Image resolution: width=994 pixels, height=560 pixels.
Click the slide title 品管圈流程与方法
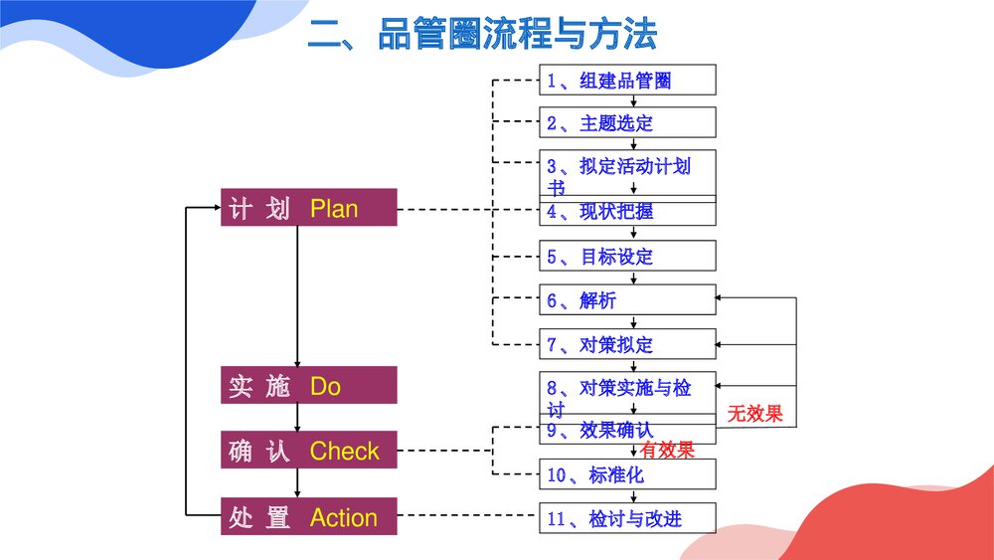[482, 36]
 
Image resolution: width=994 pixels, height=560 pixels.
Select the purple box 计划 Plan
[308, 208]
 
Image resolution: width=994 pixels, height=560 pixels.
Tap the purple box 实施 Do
[308, 385]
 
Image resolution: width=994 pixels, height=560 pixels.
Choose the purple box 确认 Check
[308, 451]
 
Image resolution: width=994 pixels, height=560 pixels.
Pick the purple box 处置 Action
[308, 517]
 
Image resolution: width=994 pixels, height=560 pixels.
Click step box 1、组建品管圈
[627, 81]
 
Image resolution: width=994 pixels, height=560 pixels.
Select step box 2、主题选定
[627, 123]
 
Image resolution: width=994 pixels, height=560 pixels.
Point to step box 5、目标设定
[627, 257]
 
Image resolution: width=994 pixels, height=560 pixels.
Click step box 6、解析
[627, 300]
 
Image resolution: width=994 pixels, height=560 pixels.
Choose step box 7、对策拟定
[627, 345]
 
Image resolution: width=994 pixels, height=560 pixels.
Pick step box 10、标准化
[627, 474]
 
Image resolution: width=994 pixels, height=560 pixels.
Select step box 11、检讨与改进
[627, 518]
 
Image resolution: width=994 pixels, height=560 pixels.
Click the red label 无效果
[754, 414]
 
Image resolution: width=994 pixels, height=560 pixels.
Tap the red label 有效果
[667, 451]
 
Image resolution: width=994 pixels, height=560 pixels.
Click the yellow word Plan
[334, 209]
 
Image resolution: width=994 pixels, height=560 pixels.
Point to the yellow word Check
[344, 452]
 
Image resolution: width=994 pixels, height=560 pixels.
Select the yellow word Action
[344, 518]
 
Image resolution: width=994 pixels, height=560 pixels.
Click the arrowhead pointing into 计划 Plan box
[215, 208]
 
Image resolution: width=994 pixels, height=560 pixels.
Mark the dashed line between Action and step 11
[467, 516]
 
